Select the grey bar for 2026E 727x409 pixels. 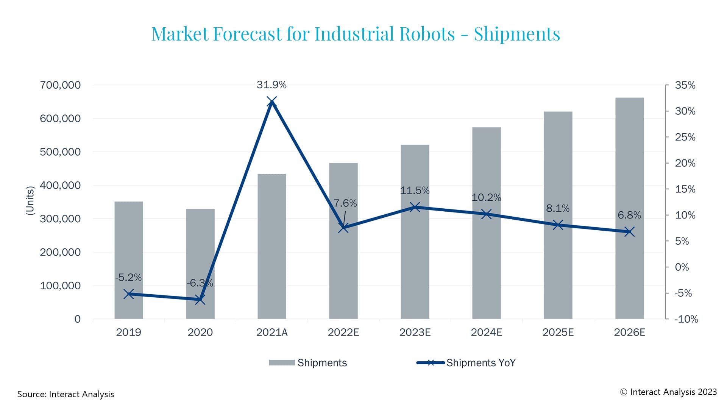[x=629, y=170]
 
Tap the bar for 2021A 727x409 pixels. [x=271, y=246]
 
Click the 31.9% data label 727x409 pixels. [x=271, y=85]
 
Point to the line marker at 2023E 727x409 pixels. [x=415, y=207]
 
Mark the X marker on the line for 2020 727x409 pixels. [x=200, y=300]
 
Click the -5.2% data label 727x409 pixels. [x=128, y=278]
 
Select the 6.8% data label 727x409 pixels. [x=629, y=215]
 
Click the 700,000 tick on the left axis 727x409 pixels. [x=60, y=85]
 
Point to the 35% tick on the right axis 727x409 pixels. [x=685, y=85]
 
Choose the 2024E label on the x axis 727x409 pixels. [x=486, y=333]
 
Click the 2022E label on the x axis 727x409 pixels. [x=343, y=333]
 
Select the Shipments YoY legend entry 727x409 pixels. [x=481, y=363]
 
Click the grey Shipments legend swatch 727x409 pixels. [x=282, y=363]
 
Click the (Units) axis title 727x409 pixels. [x=30, y=201]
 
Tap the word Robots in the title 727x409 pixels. [x=427, y=34]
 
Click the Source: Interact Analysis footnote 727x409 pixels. [x=66, y=394]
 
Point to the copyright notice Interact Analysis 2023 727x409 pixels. [x=668, y=392]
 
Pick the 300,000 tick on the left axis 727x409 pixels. [x=60, y=219]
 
